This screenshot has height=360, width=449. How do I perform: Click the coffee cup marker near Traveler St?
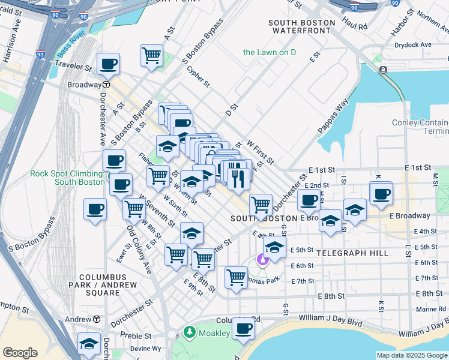click(109, 63)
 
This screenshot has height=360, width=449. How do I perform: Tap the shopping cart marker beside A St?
click(151, 55)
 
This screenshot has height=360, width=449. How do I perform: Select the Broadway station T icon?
click(105, 85)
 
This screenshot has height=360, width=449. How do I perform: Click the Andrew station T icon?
click(96, 319)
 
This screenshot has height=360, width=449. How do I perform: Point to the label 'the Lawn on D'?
click(270, 52)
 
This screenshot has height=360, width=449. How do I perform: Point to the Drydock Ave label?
click(413, 45)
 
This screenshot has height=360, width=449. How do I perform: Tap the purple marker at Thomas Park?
click(262, 259)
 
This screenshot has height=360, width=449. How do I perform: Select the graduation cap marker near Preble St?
click(89, 343)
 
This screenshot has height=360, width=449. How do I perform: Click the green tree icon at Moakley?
click(190, 332)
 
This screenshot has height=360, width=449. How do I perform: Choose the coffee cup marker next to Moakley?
click(243, 328)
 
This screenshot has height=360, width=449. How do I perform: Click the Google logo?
click(20, 353)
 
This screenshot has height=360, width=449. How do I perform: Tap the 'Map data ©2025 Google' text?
click(412, 355)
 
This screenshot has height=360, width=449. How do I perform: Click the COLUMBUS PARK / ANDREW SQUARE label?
click(94, 289)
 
